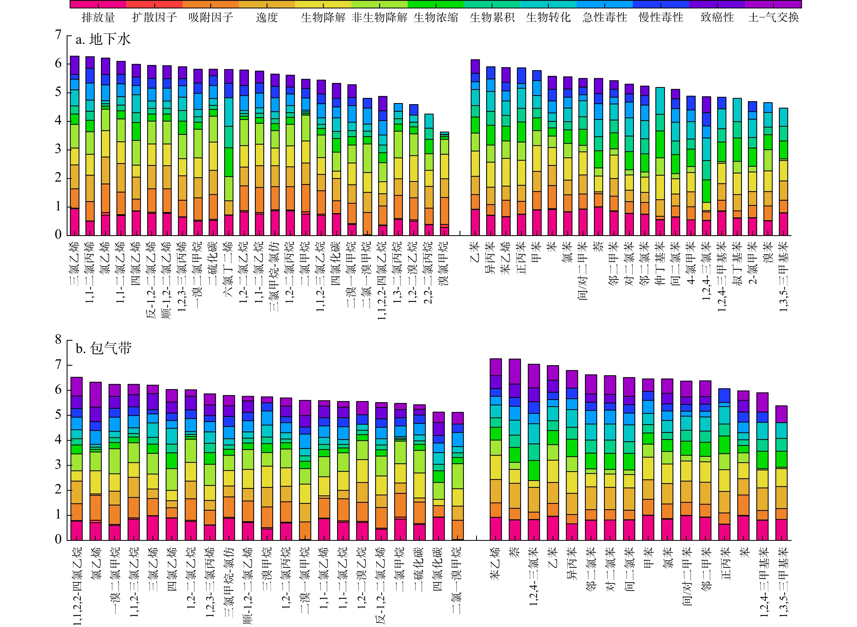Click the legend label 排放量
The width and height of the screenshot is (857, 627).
(98, 17)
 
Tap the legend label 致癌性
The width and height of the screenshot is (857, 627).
(717, 17)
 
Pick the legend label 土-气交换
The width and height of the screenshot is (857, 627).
(773, 17)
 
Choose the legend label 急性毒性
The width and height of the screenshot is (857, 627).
(605, 17)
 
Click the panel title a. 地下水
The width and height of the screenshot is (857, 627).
(103, 39)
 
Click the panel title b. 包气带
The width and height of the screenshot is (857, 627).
(103, 348)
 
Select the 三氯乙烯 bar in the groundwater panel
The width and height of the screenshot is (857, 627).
(75, 146)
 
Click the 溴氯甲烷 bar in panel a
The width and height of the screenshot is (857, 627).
(444, 184)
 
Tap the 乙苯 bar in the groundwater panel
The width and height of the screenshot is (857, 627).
(475, 148)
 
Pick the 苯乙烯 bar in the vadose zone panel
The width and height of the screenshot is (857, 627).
(495, 449)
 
